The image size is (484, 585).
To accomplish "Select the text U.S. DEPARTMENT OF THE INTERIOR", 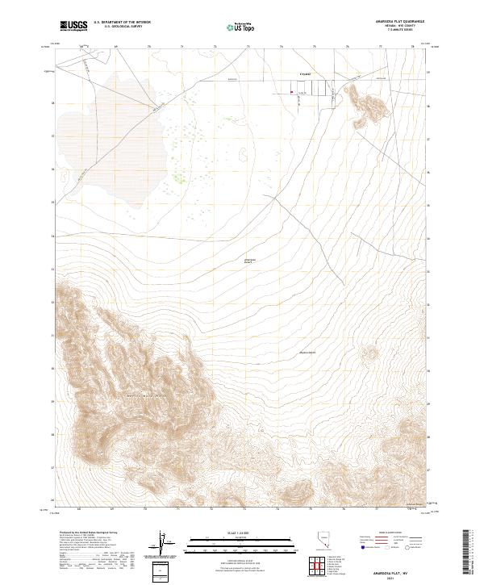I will pos(122,23).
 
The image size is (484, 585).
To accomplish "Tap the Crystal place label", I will pos(304,74).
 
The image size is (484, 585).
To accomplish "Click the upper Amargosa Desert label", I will pos(249,261).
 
